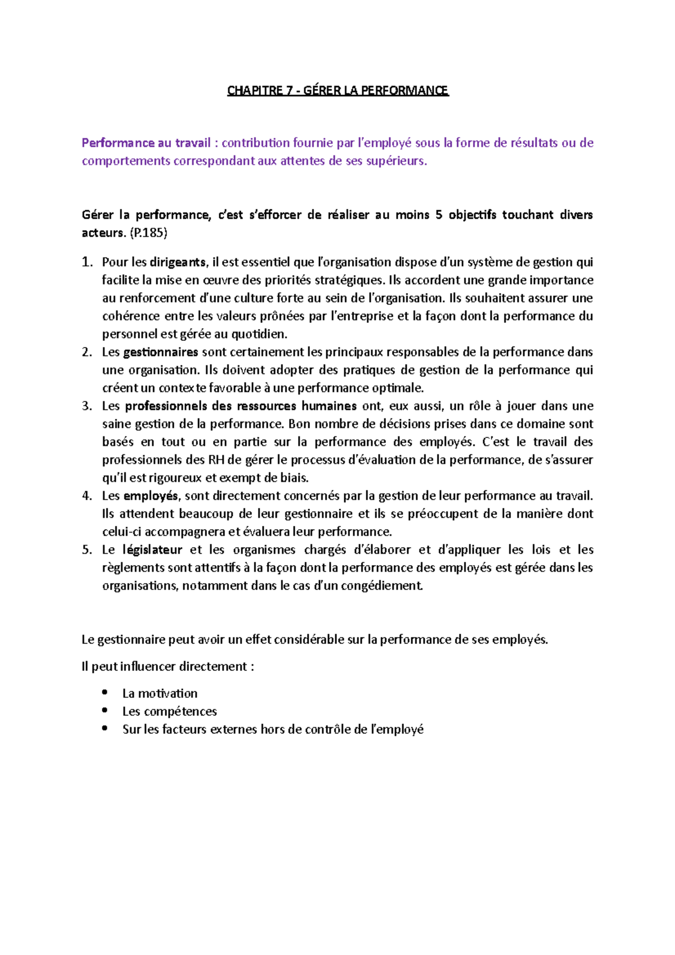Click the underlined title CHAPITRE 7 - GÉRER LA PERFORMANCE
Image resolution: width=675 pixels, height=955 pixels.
click(337, 91)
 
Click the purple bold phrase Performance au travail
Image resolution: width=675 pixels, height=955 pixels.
click(146, 143)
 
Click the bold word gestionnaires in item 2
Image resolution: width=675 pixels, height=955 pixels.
click(160, 352)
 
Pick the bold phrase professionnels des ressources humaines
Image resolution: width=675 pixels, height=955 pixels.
click(241, 406)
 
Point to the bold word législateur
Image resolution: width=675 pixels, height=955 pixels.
click(152, 550)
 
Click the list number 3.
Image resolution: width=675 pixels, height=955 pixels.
click(87, 406)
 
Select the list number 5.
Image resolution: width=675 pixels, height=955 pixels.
click(87, 550)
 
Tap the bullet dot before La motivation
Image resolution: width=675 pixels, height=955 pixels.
click(105, 692)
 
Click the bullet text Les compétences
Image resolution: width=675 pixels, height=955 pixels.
click(169, 711)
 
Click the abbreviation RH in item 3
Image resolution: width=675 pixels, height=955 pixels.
click(216, 460)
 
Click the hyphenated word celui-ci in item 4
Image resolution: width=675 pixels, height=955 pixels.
click(122, 532)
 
